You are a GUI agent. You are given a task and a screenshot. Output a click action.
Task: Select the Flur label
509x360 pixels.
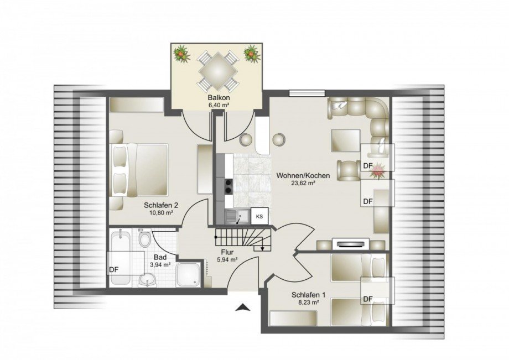[x=226, y=251]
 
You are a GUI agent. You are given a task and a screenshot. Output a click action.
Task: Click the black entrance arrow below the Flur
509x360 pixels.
[x=242, y=307]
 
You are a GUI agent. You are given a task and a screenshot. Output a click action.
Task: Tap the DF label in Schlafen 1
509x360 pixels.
[x=368, y=299]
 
